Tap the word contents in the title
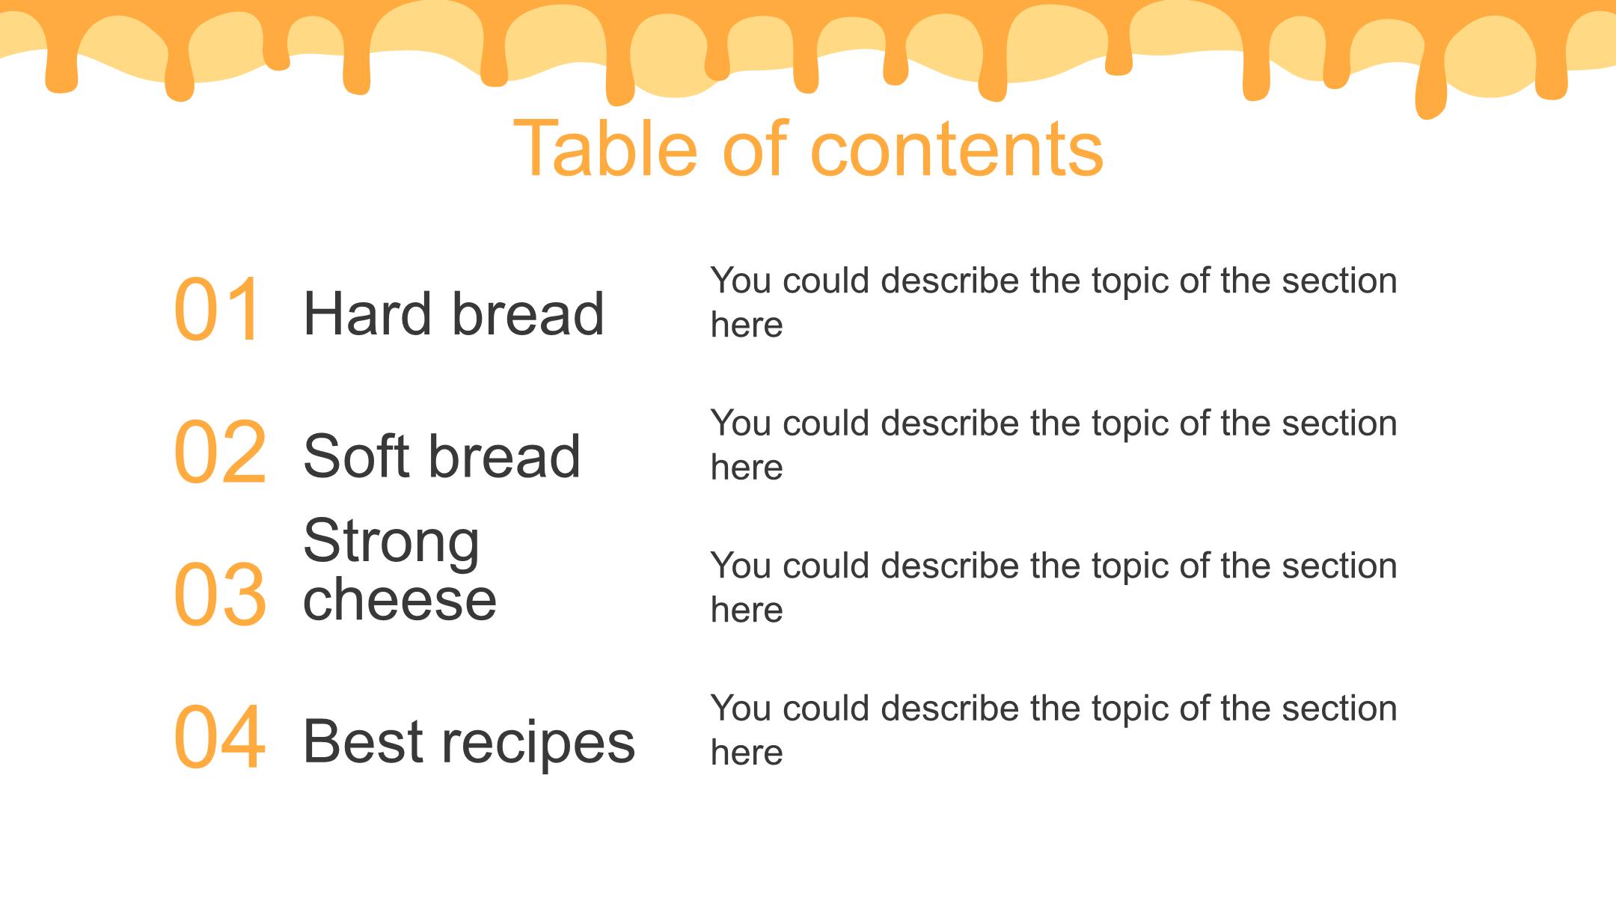(x=957, y=150)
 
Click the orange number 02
(x=220, y=451)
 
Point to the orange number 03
(x=220, y=594)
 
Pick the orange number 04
(x=219, y=736)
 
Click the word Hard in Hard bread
(x=367, y=313)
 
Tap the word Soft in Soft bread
(x=357, y=456)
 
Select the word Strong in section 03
(x=391, y=543)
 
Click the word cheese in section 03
(x=400, y=599)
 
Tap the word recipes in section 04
(x=538, y=744)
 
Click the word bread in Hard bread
(x=528, y=313)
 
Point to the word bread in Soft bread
(x=505, y=456)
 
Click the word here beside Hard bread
(x=747, y=325)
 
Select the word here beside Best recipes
(x=747, y=752)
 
